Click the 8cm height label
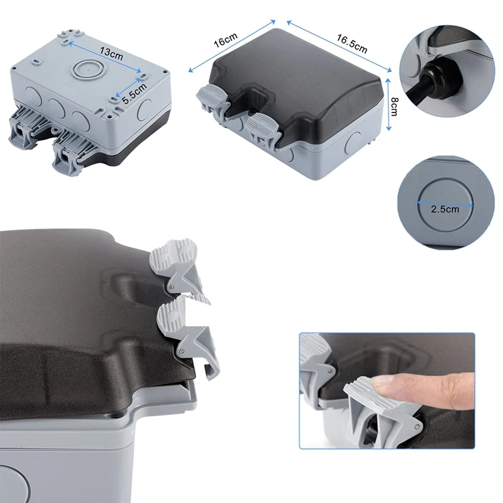[x=395, y=104]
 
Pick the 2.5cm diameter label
[x=445, y=209]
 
